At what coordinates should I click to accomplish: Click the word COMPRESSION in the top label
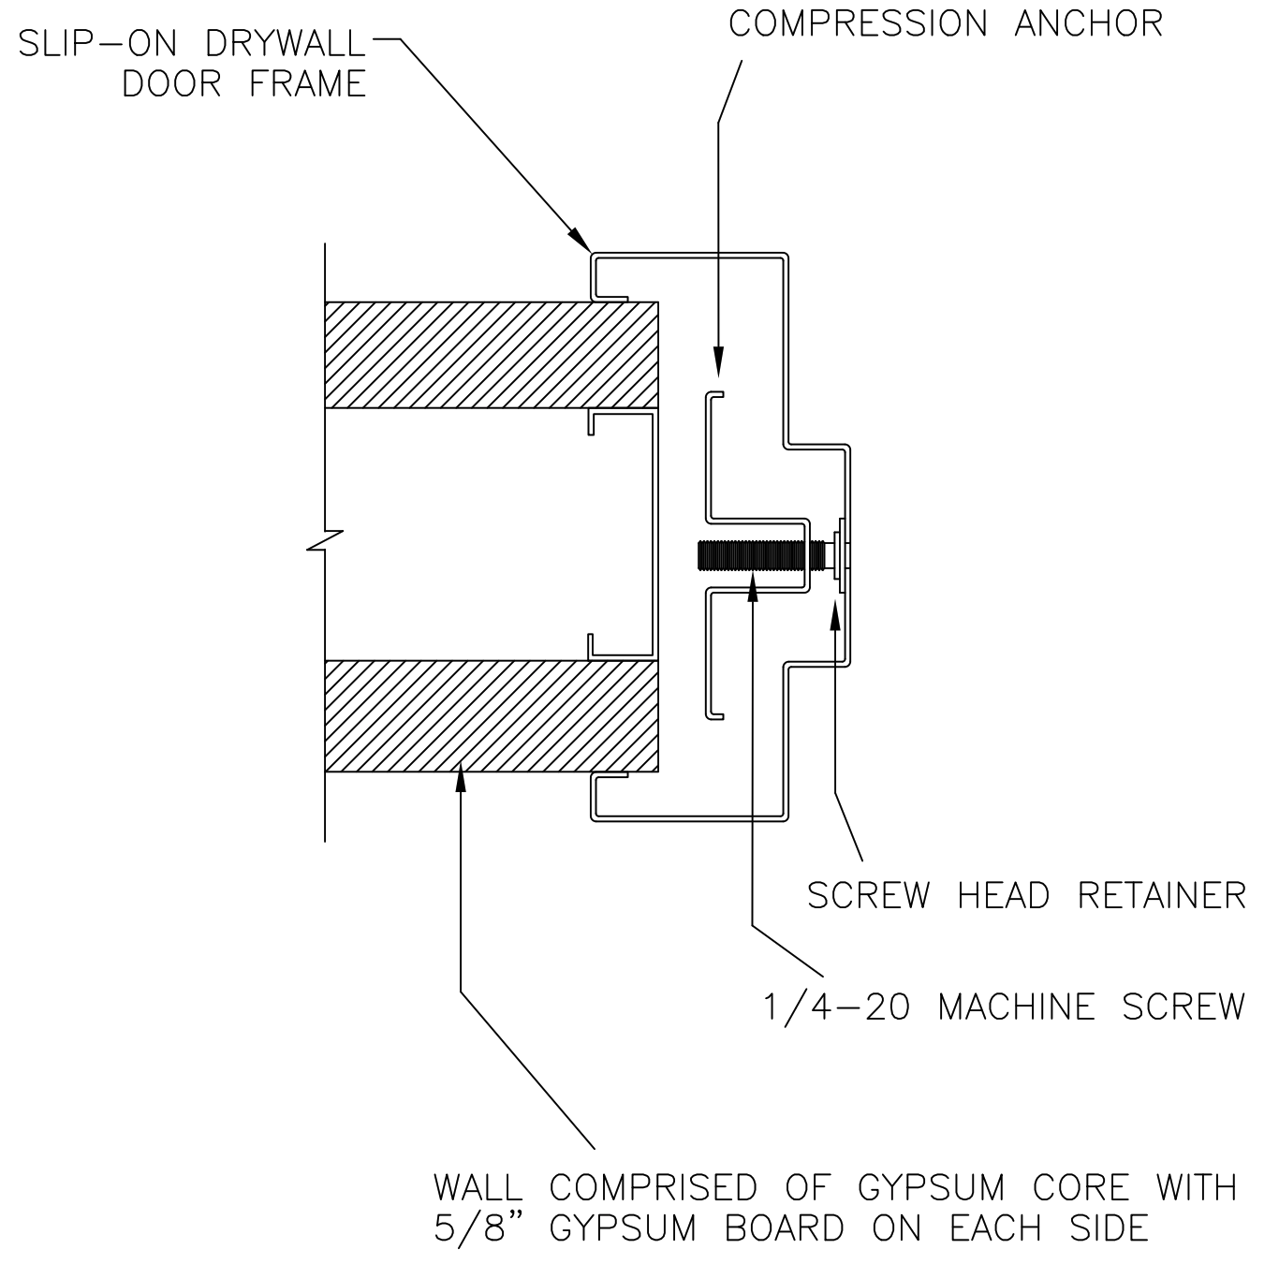(x=858, y=23)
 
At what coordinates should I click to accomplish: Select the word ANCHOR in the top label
(x=1088, y=23)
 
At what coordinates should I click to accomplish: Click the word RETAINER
(x=1161, y=896)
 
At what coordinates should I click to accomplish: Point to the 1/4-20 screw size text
(x=835, y=1007)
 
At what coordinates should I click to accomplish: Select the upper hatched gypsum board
(x=491, y=355)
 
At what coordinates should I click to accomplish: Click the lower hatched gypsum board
(x=491, y=715)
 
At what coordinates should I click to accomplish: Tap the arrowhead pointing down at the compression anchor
(x=718, y=361)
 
